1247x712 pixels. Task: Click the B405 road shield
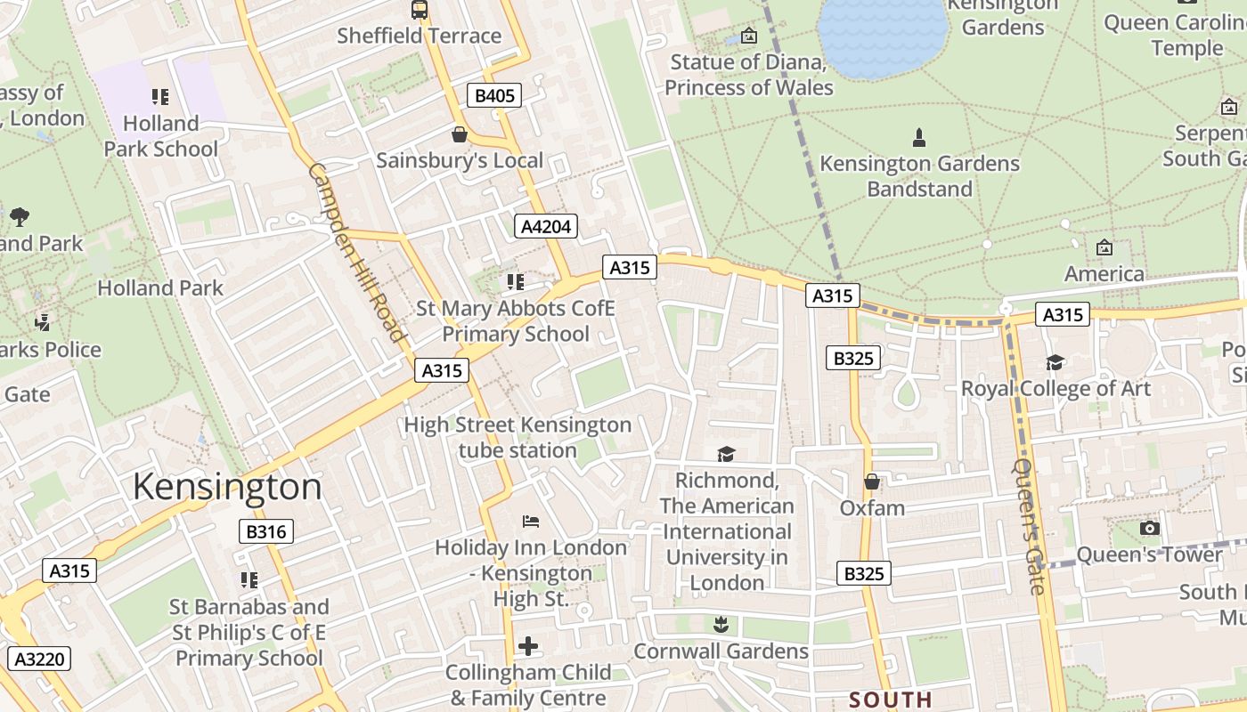coord(493,95)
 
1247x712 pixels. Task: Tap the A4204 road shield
coord(545,226)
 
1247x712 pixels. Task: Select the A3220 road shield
coord(38,659)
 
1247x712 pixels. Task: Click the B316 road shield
coord(266,532)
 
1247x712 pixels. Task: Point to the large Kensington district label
coord(227,488)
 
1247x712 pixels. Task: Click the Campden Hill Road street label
coord(357,253)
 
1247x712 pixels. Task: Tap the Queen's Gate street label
coord(1029,525)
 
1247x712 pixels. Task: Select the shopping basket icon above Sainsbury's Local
coord(460,134)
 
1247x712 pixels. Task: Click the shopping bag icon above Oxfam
coord(872,481)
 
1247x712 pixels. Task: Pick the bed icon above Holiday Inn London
coord(530,521)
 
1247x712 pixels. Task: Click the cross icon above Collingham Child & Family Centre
coord(528,645)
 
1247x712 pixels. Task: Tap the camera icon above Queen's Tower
coord(1150,528)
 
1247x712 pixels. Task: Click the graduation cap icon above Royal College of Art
coord(1055,362)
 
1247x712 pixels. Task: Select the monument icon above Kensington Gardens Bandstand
coord(919,137)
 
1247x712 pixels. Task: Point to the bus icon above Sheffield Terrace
coord(420,10)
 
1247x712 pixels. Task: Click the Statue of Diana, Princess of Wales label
coord(749,75)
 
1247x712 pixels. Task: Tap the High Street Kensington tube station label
coord(518,437)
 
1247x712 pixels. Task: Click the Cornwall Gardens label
coord(721,651)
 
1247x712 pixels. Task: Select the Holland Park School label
coord(160,135)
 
